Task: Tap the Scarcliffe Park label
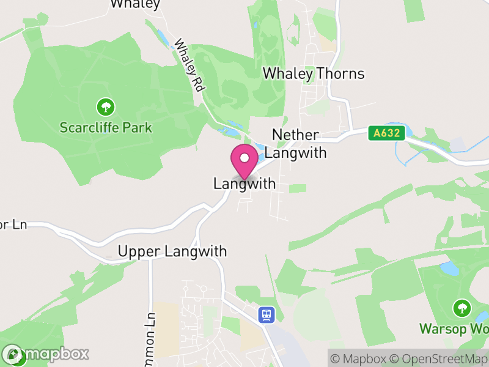click(106, 128)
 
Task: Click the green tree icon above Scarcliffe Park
click(106, 108)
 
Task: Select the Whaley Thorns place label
click(313, 74)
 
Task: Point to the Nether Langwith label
click(300, 144)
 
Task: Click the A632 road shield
click(388, 133)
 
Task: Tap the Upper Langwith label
click(172, 251)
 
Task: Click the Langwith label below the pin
click(244, 183)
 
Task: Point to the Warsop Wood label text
click(454, 328)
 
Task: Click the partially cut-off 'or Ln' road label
click(13, 225)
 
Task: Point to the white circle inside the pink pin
click(244, 158)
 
